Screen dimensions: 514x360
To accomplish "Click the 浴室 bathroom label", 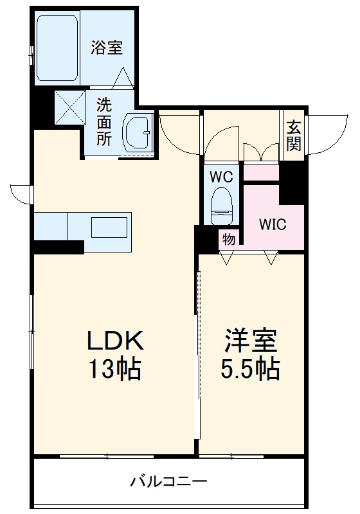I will point(107,47).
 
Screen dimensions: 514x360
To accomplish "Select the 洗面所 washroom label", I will point(104,121).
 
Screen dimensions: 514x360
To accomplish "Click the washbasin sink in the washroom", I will point(136,133).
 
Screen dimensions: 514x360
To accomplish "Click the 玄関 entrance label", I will point(293,136).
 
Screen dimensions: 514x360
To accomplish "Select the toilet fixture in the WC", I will point(222,201).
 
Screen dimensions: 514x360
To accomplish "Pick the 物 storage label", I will point(228,238).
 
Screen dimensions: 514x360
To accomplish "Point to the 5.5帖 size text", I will point(250,369).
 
